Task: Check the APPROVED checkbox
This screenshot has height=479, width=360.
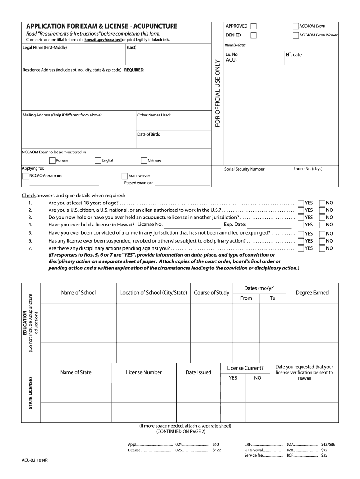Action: coord(253,26)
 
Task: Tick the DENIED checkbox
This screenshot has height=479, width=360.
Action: coord(253,35)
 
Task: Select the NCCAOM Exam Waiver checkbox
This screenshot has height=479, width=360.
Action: coord(295,35)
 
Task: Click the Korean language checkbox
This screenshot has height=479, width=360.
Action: coord(52,160)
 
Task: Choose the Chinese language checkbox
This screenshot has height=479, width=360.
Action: coord(144,160)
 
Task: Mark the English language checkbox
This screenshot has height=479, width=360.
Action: coord(98,160)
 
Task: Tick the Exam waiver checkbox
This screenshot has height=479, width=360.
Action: coord(124,176)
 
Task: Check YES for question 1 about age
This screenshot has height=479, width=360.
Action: coord(301,203)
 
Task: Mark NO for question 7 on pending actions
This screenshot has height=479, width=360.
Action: coord(322,248)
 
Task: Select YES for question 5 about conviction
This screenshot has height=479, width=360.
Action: coord(301,233)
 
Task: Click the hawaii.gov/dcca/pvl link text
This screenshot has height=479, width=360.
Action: coord(102,40)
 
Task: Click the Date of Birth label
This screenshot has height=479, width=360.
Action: coord(149,134)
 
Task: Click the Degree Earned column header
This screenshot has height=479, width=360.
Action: coord(312,293)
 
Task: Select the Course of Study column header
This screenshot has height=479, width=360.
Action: coord(211,293)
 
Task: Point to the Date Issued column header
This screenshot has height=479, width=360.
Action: coord(198,372)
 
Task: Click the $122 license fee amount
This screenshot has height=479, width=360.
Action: coord(216,450)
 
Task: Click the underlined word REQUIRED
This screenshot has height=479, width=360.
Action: coord(134,70)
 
